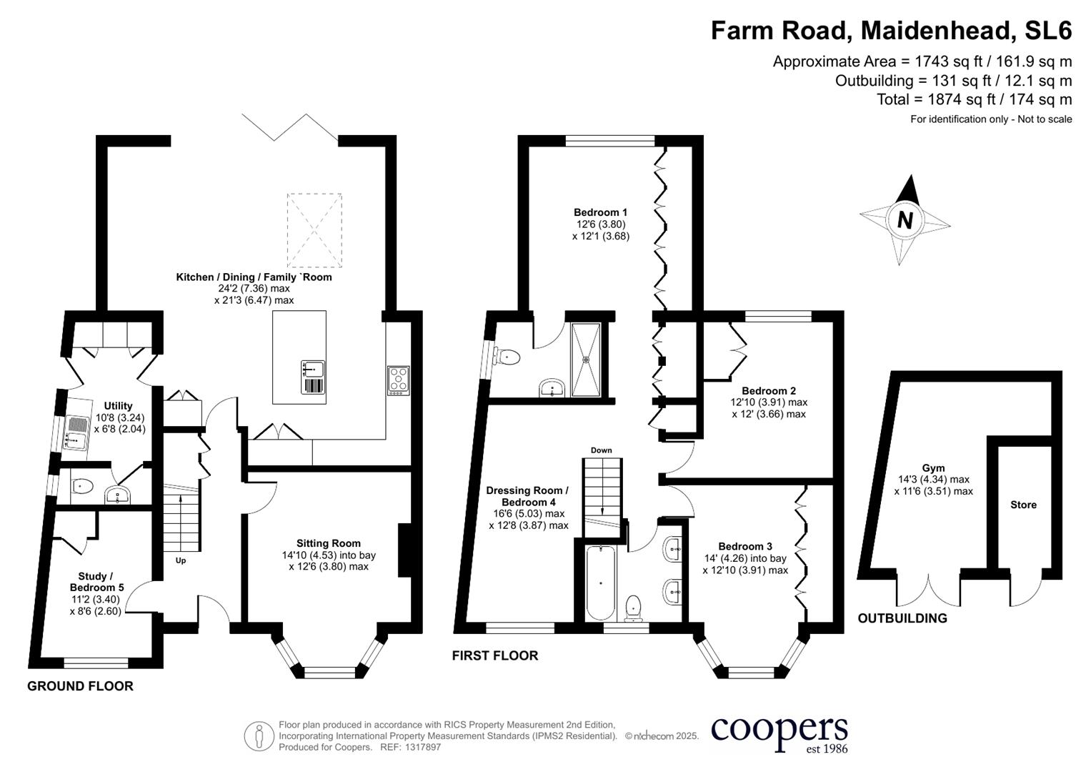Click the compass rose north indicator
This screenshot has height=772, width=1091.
pyautogui.click(x=905, y=219)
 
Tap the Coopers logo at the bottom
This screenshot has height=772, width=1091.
pyautogui.click(x=779, y=733)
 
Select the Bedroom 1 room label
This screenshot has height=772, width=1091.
pyautogui.click(x=600, y=212)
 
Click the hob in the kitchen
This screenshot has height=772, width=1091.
pyautogui.click(x=399, y=380)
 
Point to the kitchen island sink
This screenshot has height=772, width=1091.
pyautogui.click(x=312, y=370)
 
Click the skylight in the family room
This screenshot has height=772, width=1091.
pyautogui.click(x=314, y=230)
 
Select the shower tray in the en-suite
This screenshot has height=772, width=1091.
pyautogui.click(x=587, y=359)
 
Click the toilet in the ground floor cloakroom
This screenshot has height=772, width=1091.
pyautogui.click(x=83, y=487)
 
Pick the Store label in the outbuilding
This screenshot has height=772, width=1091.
pyautogui.click(x=1023, y=505)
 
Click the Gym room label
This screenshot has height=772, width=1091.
pyautogui.click(x=933, y=468)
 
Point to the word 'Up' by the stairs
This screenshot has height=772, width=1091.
pyautogui.click(x=181, y=560)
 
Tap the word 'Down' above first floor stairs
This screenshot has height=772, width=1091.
pyautogui.click(x=601, y=450)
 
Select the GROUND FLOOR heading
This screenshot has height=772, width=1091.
pyautogui.click(x=80, y=686)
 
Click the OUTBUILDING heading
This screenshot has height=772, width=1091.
pyautogui.click(x=902, y=618)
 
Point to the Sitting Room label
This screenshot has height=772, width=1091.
pyautogui.click(x=329, y=543)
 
